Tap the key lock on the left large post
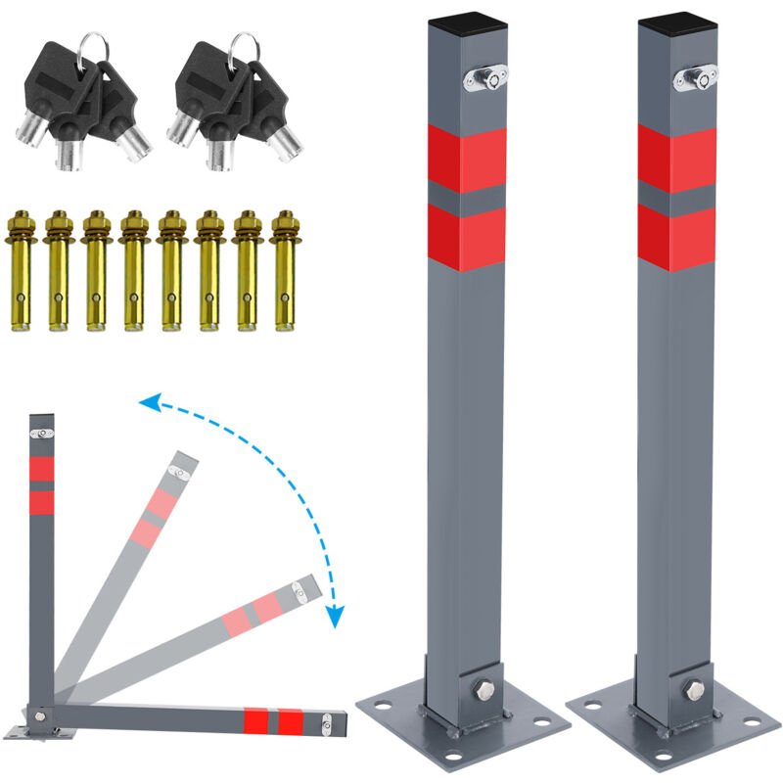484,79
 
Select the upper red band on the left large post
468,159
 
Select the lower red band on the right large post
676,237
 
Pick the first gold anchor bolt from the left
22,269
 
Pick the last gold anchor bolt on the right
284,269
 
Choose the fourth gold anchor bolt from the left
134,269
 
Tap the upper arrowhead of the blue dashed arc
148,400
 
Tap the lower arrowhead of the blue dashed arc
336,616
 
